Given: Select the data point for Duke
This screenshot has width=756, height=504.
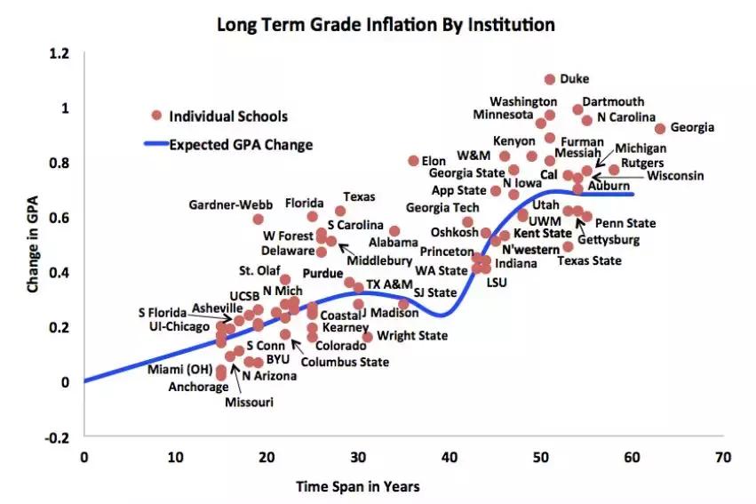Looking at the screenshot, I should (550, 79).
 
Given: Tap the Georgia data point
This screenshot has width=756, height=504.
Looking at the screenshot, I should (660, 128).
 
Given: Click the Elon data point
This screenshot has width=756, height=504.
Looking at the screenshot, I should (413, 161).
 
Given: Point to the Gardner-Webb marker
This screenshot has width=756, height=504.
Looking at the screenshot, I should (258, 219).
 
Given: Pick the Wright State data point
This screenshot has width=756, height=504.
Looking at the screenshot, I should (368, 337).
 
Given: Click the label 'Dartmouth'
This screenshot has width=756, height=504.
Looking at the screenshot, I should (613, 102).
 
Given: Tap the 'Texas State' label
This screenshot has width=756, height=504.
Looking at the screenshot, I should (589, 260).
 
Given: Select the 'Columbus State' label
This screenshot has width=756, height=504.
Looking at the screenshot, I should (345, 362).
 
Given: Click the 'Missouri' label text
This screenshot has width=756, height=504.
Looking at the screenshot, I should (248, 403).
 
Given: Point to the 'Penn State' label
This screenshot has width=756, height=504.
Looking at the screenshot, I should (625, 223).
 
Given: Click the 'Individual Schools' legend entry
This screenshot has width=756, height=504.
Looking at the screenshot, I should (228, 116).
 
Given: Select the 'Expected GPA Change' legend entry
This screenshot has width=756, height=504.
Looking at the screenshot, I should (241, 144).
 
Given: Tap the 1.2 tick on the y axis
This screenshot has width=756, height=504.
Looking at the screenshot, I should (60, 53).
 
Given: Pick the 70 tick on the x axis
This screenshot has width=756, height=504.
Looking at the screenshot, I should (723, 457).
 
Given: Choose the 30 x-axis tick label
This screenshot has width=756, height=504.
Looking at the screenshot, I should (358, 457).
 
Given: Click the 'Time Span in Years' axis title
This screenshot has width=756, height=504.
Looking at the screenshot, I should (358, 486).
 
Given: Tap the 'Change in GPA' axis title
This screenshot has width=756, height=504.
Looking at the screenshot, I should (33, 245).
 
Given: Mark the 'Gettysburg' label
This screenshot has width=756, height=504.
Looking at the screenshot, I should (608, 240).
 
